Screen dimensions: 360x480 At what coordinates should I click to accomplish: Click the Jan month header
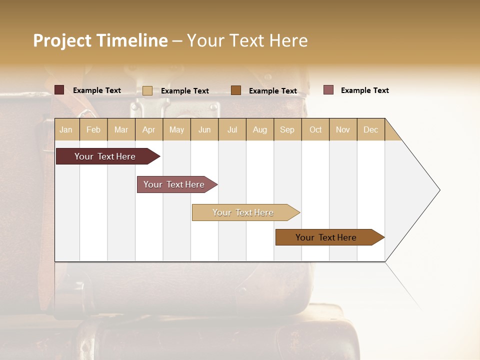66,129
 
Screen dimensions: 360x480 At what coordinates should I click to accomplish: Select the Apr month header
149,129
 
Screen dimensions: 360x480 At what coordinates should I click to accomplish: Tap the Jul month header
232,129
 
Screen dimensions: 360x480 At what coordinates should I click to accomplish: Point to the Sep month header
287,129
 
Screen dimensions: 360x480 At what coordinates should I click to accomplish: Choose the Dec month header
370,129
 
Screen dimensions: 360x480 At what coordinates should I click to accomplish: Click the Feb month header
93,129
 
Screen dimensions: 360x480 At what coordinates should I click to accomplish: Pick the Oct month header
315,129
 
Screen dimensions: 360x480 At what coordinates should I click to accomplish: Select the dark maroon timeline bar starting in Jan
105,156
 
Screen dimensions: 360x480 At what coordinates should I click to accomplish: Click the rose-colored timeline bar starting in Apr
174,184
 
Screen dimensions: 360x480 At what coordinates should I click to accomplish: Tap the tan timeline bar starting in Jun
243,212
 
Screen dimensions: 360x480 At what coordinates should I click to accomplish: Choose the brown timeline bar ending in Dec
326,237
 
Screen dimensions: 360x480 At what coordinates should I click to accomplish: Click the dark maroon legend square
59,90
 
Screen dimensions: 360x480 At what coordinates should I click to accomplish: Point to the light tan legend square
147,90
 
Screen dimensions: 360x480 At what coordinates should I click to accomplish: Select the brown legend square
236,90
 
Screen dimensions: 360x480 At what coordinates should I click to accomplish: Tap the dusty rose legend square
328,90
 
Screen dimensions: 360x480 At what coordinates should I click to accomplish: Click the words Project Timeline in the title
100,40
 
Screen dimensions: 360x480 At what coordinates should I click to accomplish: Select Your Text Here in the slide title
247,40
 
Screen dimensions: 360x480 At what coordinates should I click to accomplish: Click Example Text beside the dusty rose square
364,90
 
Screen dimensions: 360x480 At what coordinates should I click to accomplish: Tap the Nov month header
343,129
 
